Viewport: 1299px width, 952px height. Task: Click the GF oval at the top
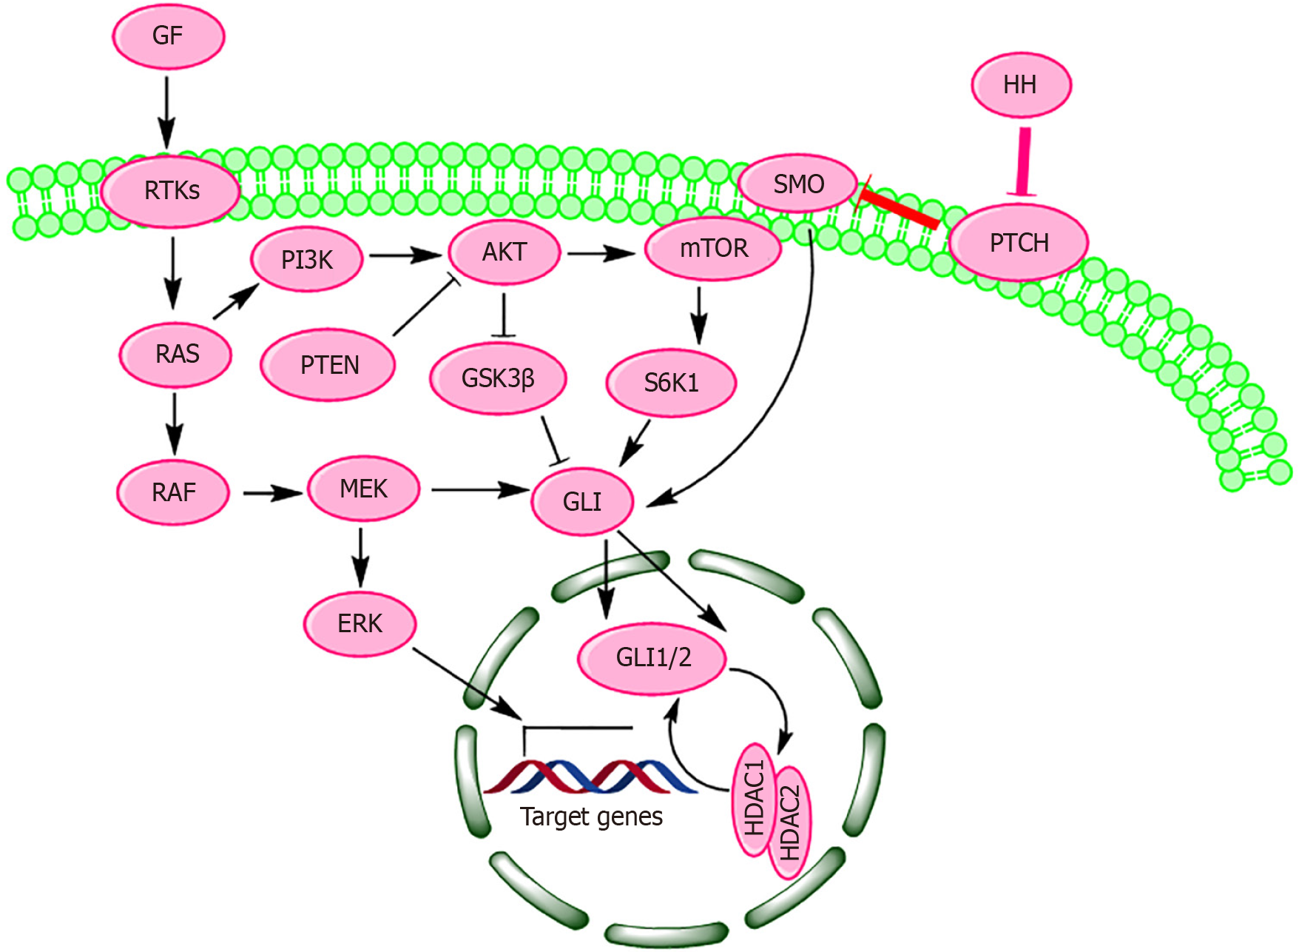[x=168, y=36]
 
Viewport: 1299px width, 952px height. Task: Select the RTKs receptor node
[x=171, y=191]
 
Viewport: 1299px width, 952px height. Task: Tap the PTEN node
[x=328, y=365]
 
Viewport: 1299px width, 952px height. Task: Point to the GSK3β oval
[x=498, y=379]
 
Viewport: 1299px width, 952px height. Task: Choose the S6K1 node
[x=671, y=383]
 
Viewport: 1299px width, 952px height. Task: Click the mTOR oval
[x=713, y=248]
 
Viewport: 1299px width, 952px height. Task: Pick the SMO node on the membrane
[x=798, y=184]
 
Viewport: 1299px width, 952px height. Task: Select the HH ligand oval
[x=1021, y=85]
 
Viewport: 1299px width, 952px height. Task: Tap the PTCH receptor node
[x=1019, y=243]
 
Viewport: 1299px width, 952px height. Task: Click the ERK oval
[x=360, y=623]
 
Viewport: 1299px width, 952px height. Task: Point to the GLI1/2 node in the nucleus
[x=652, y=657]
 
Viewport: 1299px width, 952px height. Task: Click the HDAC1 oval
[x=754, y=800]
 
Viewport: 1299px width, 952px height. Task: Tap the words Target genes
[x=591, y=817]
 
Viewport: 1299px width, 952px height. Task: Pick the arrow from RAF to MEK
[x=271, y=493]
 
